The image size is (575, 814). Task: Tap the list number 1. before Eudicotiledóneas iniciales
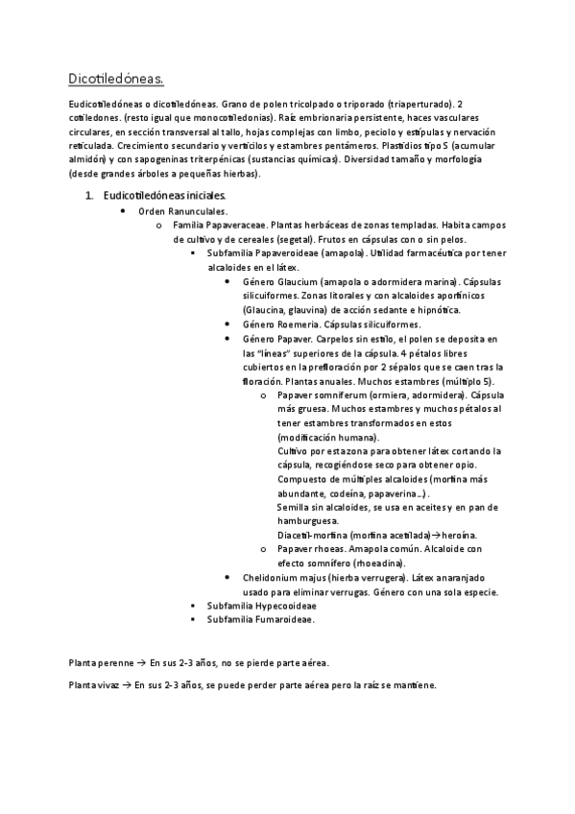tap(89, 195)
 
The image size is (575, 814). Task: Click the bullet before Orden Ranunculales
tap(122, 209)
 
